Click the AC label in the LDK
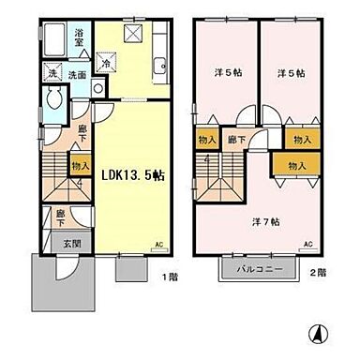coord(158,245)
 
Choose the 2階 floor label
coord(320,272)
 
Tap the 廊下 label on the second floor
coord(237,140)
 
